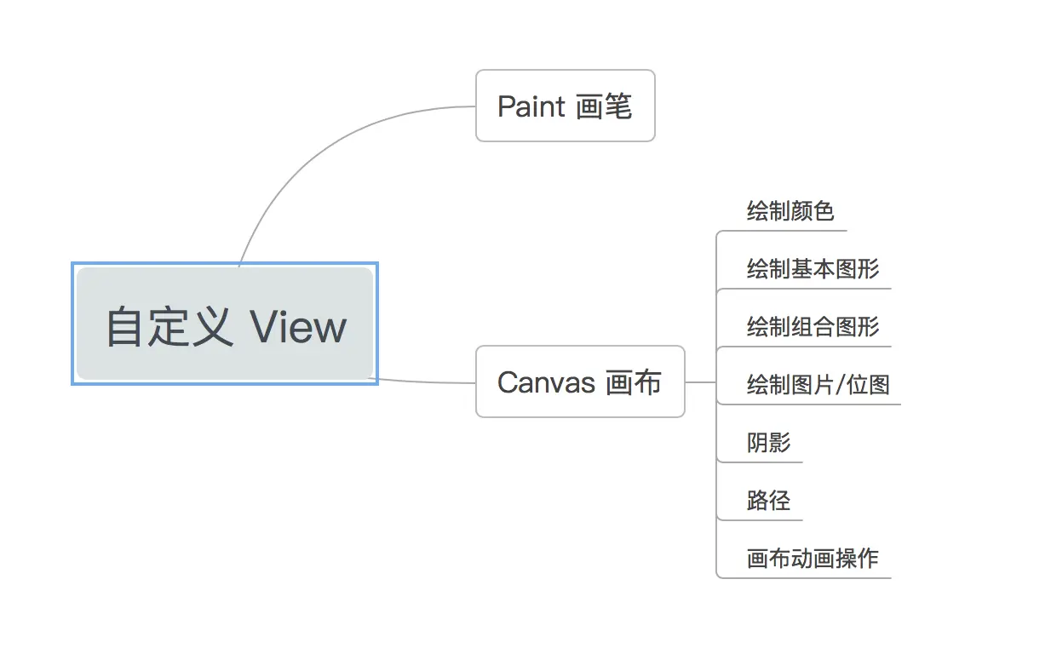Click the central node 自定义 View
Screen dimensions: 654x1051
coord(225,324)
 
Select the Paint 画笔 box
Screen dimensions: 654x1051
coord(565,106)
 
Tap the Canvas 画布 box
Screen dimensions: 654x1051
coord(579,381)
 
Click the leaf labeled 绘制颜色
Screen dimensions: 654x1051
coord(790,211)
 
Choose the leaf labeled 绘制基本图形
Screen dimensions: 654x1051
coord(812,269)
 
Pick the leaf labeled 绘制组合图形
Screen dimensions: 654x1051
coord(812,327)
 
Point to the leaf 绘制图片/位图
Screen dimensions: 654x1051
coord(818,385)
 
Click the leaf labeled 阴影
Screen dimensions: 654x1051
coord(768,443)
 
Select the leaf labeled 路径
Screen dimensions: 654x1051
coord(768,501)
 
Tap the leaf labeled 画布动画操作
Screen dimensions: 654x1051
coord(812,559)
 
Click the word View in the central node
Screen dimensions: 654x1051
coord(299,327)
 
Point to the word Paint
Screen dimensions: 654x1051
coord(531,106)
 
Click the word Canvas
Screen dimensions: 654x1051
coord(545,382)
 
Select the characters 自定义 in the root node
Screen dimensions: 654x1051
coord(169,327)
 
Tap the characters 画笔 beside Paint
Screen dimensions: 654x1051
coord(604,106)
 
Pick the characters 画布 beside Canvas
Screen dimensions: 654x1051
coord(633,382)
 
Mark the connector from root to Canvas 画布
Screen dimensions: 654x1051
coord(426,381)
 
